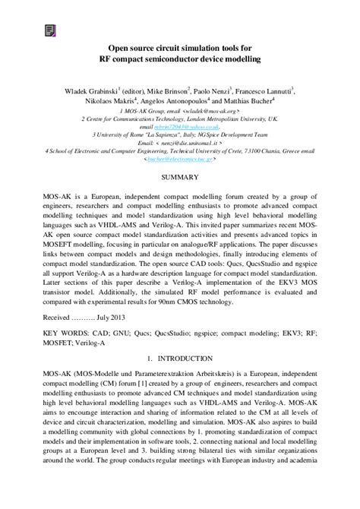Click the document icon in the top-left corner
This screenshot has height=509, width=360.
click(x=50, y=30)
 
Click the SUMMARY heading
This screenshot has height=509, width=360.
click(x=179, y=176)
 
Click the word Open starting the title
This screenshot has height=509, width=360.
click(x=118, y=47)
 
